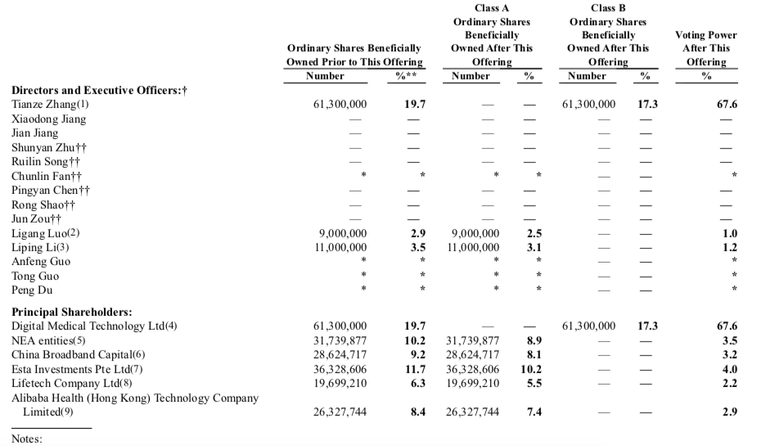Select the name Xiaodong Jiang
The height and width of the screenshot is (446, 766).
(48, 119)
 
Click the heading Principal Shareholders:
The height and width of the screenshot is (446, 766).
(72, 312)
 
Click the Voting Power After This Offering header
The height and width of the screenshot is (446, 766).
(705, 48)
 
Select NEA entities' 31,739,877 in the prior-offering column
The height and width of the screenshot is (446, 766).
(340, 340)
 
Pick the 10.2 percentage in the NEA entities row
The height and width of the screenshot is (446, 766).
(417, 340)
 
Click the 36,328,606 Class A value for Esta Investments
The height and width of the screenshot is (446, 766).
(473, 369)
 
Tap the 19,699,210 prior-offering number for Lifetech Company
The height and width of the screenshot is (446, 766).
(340, 383)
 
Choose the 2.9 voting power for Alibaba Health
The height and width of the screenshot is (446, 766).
(730, 412)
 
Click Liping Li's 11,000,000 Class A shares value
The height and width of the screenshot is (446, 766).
(473, 247)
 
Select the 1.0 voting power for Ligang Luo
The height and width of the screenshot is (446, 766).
(730, 233)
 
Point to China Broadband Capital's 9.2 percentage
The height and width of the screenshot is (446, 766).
(418, 354)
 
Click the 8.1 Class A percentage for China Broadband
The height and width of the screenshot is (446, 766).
(534, 354)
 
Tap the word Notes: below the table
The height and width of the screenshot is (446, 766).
(27, 439)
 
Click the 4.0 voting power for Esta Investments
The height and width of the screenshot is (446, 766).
(730, 369)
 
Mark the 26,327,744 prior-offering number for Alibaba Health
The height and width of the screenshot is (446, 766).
(340, 412)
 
